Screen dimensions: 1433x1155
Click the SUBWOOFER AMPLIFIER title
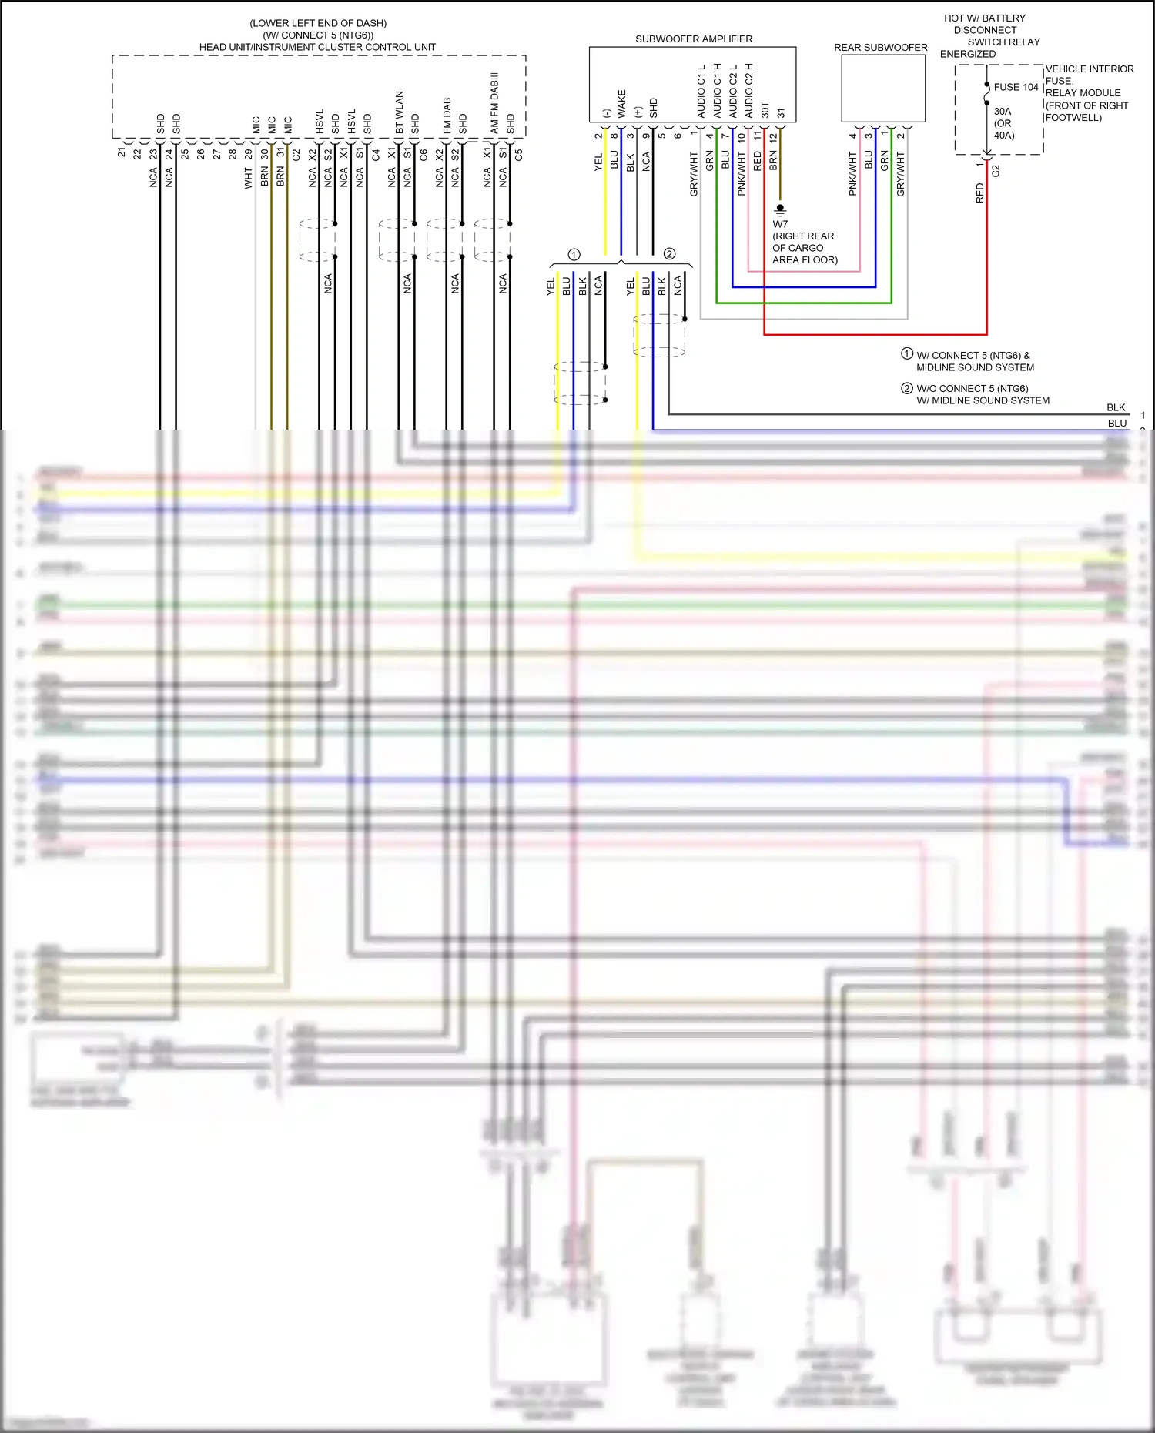(693, 39)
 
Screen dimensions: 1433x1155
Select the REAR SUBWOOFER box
(882, 88)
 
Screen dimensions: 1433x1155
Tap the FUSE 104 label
(1016, 87)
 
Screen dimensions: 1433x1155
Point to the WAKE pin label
(622, 104)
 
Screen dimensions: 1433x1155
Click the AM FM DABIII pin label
(494, 102)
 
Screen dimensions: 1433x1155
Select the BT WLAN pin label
(399, 112)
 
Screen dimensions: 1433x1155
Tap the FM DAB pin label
(447, 116)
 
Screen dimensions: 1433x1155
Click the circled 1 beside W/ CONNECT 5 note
(907, 354)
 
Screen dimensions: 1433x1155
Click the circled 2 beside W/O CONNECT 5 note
(907, 388)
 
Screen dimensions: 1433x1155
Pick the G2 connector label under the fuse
(996, 170)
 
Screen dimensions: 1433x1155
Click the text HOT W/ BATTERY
(984, 18)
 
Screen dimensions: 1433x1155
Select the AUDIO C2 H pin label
(748, 90)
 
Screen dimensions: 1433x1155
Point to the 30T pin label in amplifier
(765, 109)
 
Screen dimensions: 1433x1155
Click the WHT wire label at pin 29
(248, 179)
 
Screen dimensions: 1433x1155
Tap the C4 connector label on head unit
(375, 154)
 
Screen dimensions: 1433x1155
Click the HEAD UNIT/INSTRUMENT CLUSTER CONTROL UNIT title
(317, 47)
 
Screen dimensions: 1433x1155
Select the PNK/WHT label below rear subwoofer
(852, 173)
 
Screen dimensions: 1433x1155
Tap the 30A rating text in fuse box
(1002, 112)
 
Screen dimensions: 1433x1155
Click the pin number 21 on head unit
(121, 152)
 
